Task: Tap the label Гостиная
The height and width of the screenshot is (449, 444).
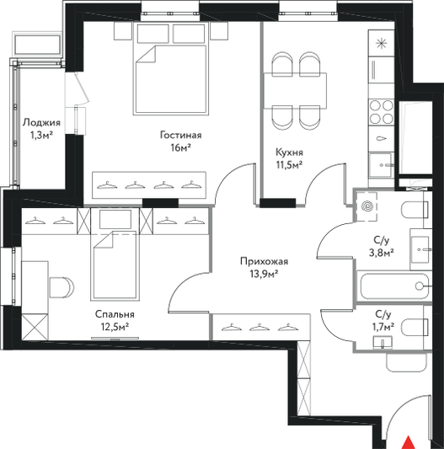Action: [x=181, y=135]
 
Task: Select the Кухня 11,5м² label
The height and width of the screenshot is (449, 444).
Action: [x=289, y=158]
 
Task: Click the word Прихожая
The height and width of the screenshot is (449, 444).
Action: [x=264, y=261]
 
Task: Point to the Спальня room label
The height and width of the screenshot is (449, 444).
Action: [x=115, y=314]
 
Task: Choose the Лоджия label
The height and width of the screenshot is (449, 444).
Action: [x=41, y=123]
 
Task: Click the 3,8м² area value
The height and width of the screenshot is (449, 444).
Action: [x=382, y=253]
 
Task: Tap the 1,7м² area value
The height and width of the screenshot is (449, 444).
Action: [x=383, y=326]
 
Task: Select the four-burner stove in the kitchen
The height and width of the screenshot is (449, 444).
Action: [x=382, y=112]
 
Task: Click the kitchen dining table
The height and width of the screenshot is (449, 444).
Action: [x=296, y=91]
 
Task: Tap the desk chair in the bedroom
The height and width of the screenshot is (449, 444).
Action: [x=62, y=287]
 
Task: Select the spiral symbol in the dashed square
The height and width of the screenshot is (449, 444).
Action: [x=367, y=206]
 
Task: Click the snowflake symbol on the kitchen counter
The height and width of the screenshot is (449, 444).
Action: [x=382, y=43]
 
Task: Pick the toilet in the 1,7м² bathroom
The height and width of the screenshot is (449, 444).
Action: [x=415, y=328]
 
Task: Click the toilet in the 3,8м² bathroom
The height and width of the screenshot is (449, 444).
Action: [x=415, y=210]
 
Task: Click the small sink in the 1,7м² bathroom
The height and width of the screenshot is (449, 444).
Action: [x=382, y=343]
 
